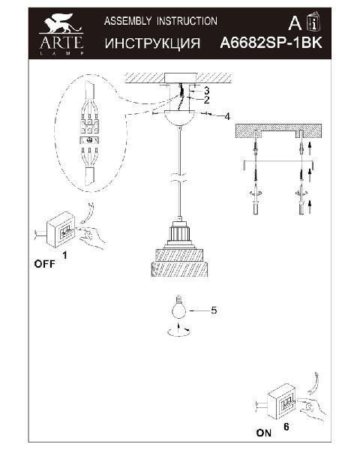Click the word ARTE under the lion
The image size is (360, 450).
pos(61,43)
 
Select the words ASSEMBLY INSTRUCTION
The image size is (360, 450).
pos(160,21)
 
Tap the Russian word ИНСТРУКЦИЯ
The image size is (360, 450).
pos(152,43)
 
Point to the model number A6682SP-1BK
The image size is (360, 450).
pos(271,43)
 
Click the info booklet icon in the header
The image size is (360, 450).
pos(313,21)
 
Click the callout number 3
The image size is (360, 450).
pos(206,91)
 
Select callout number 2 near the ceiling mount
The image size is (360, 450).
pos(206,100)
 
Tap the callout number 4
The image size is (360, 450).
pos(227,116)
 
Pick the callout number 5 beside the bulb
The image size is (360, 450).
pos(214,310)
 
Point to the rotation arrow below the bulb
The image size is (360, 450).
pos(178,331)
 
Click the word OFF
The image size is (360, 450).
pos(44,264)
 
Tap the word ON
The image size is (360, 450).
pos(264,433)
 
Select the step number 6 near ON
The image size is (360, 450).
pos(286,427)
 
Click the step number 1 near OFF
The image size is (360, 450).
pos(65,255)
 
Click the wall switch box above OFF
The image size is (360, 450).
pos(61,230)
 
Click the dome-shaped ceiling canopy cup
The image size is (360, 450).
pos(180,118)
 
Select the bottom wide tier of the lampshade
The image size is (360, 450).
pos(179,269)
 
